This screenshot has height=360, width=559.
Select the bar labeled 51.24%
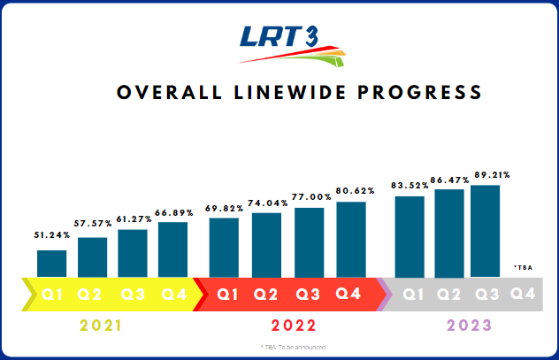click(x=51, y=264)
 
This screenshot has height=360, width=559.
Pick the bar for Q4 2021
click(x=172, y=249)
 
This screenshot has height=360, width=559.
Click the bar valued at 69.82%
click(x=224, y=248)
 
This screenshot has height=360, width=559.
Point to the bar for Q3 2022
click(x=309, y=242)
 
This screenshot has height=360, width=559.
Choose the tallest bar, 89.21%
click(x=485, y=231)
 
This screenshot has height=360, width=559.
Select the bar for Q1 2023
click(x=410, y=236)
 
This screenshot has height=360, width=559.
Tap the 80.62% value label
click(x=351, y=192)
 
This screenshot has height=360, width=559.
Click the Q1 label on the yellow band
click(x=51, y=293)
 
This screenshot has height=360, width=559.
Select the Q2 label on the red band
click(x=265, y=293)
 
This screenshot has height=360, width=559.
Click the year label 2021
click(x=102, y=326)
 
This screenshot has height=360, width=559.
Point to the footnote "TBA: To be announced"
click(x=293, y=347)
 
